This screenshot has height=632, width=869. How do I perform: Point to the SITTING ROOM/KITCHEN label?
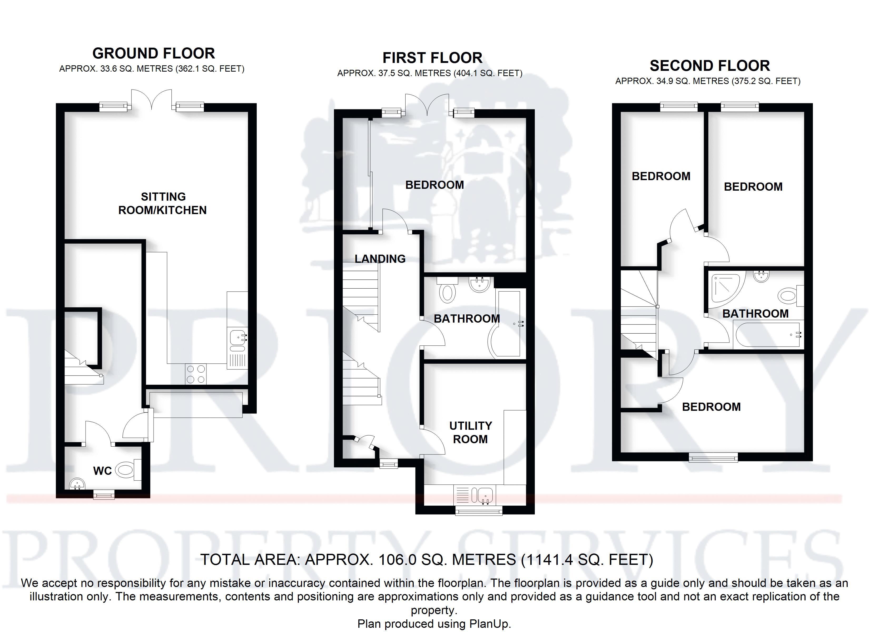162,204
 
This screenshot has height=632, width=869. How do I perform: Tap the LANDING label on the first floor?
380,259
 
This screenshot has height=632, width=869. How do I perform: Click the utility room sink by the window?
484,495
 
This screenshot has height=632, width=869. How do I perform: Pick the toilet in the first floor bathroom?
447,292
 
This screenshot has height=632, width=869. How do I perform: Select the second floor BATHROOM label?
755,314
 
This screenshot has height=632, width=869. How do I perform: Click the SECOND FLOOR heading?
710,66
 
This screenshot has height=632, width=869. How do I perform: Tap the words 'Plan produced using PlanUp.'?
434,624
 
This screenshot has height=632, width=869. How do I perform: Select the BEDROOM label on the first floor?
434,185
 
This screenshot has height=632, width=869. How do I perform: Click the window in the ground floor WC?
104,496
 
